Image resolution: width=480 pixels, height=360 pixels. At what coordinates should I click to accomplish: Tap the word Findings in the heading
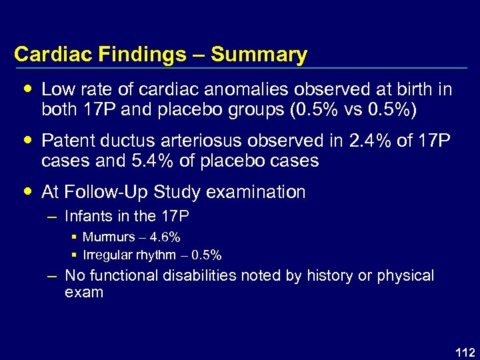point(142,55)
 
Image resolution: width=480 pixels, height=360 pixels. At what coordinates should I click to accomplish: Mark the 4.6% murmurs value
point(165,237)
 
